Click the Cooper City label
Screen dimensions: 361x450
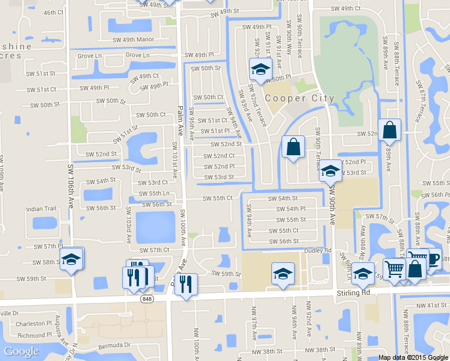click(x=291, y=98)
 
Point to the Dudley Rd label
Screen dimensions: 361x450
click(x=318, y=250)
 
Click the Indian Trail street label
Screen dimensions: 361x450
click(x=41, y=209)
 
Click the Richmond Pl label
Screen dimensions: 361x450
click(x=35, y=335)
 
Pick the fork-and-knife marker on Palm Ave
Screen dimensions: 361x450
click(x=186, y=283)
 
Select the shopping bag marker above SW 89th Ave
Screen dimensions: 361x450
click(x=389, y=129)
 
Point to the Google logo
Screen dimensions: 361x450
click(x=21, y=351)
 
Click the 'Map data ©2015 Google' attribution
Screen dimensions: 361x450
click(x=414, y=357)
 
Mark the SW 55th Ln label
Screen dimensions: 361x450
click(x=153, y=193)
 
